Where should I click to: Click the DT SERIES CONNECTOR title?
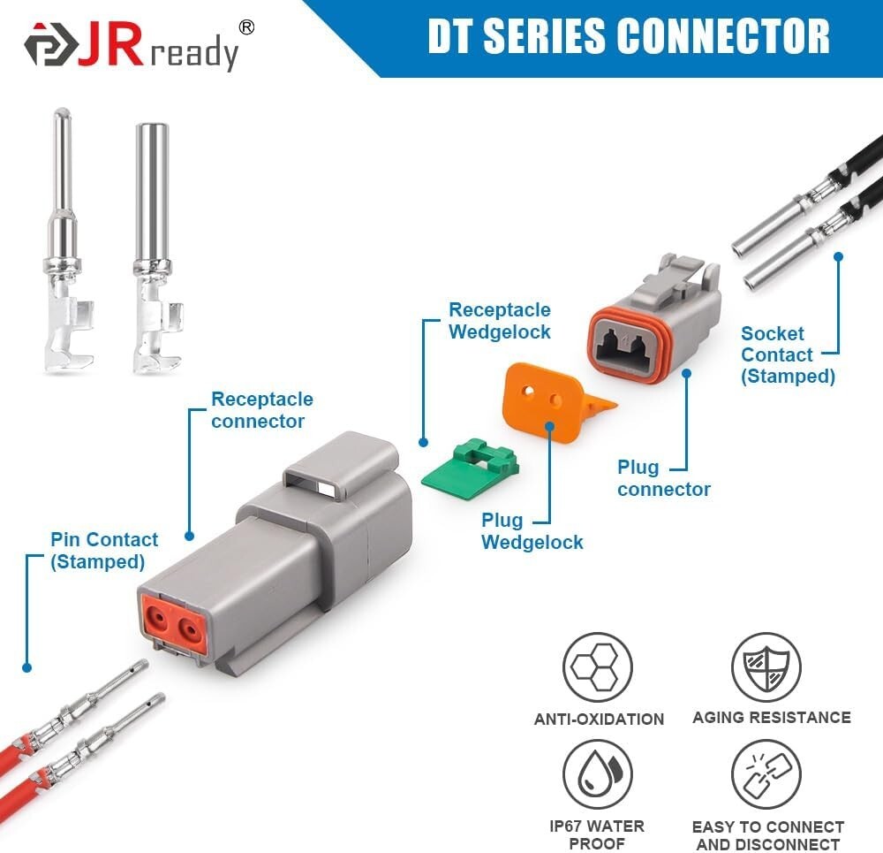628,36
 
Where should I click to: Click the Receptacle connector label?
261,410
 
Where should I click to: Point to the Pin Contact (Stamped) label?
104,550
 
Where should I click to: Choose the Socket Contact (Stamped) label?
788,354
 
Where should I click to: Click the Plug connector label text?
664,478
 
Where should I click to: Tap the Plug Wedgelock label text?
532,531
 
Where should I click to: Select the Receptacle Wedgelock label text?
499,321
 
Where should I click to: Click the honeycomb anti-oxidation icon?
598,667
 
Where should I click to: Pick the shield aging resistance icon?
766,667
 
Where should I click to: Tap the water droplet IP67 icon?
598,774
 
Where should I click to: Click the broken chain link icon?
766,774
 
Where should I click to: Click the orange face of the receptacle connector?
173,623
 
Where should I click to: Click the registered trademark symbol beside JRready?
246,27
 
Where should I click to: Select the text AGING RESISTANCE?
771,717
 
